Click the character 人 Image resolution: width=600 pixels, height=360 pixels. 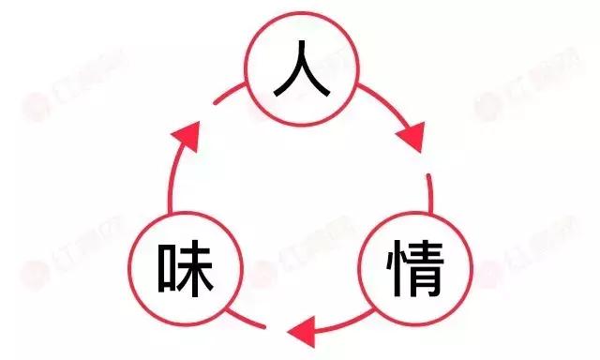pos(302,73)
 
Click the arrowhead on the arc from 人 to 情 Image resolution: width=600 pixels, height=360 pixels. pos(410,137)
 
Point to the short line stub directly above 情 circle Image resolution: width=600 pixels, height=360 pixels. pos(429,193)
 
